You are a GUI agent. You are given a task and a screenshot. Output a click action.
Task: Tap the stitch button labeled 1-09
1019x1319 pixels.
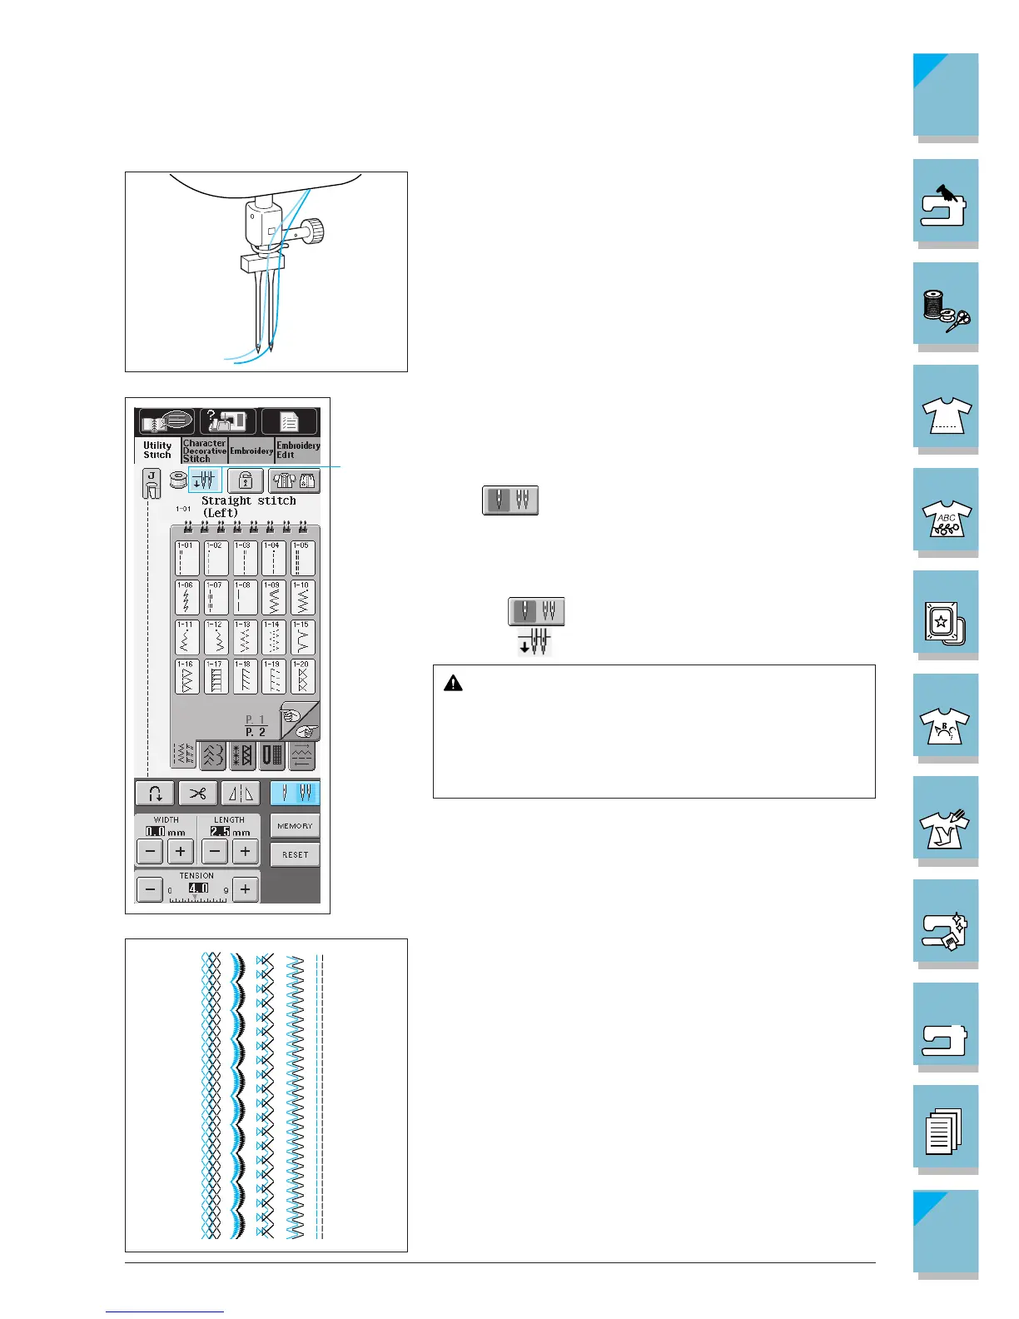point(273,597)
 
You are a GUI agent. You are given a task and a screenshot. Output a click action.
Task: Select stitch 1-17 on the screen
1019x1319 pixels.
point(216,677)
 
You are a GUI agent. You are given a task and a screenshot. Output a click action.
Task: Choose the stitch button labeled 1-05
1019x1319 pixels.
point(302,558)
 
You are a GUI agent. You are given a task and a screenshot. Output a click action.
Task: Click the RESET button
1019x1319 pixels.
point(295,854)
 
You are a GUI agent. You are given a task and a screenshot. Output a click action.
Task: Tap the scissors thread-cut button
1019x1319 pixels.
point(197,793)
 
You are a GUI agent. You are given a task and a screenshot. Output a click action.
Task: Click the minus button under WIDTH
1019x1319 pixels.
point(150,851)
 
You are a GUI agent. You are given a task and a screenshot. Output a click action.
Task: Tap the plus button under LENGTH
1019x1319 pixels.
point(245,851)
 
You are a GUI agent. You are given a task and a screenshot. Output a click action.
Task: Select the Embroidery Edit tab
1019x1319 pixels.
point(298,450)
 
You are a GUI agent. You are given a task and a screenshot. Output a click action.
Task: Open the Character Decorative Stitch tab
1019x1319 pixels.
point(205,450)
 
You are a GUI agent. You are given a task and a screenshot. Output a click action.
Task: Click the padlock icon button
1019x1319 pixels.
point(245,480)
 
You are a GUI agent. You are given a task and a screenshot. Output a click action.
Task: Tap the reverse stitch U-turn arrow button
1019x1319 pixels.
point(155,793)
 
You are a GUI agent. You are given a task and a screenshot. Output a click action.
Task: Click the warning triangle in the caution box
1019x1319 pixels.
point(453,684)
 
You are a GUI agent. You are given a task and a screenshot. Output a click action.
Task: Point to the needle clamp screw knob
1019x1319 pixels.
point(314,226)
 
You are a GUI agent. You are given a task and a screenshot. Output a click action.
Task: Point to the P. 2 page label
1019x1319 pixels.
point(255,732)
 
